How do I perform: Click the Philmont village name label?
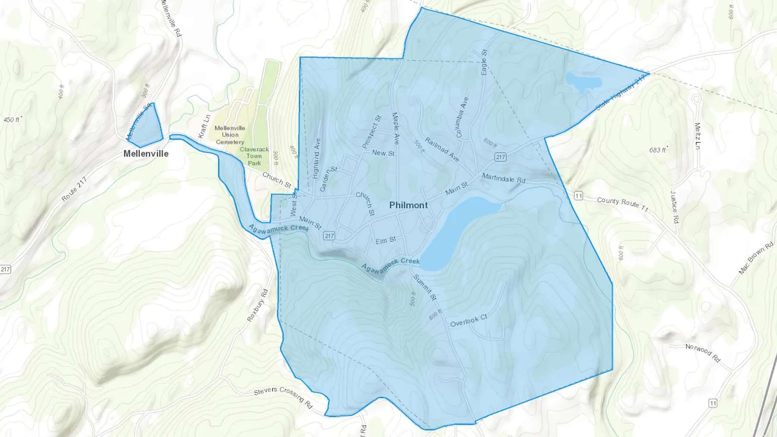tap(408, 205)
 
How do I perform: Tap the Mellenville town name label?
tap(146, 154)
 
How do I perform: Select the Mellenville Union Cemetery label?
tap(230, 135)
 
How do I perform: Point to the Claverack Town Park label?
tap(254, 156)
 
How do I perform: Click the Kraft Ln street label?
tap(204, 126)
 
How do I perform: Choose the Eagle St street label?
tap(484, 62)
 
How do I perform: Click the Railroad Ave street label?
tap(442, 149)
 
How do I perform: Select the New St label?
tap(383, 153)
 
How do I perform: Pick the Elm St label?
tap(385, 240)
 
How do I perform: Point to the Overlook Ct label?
tap(468, 321)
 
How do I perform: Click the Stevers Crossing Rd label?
tap(283, 397)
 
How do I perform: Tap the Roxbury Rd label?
tap(257, 305)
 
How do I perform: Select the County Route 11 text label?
tap(622, 204)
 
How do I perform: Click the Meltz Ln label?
tap(697, 136)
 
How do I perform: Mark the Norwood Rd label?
tap(703, 353)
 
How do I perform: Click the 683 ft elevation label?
tap(658, 150)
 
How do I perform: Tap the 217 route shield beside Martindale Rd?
tap(500, 157)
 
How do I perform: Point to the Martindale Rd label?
tap(503, 178)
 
